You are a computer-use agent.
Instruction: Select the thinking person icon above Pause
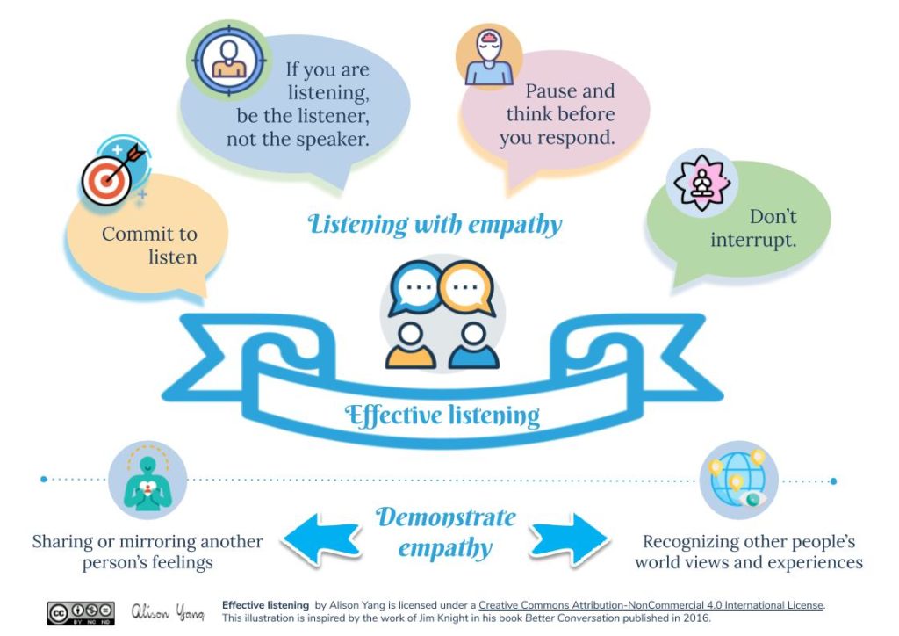[489, 57]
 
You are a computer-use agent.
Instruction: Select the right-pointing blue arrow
[570, 535]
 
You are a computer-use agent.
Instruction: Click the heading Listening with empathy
[435, 224]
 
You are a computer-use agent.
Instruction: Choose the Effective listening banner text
[442, 414]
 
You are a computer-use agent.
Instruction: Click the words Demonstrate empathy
[446, 532]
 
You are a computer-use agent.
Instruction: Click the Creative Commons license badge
[81, 612]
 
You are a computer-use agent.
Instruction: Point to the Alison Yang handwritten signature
[168, 612]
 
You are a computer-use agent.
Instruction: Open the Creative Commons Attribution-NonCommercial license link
[651, 605]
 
